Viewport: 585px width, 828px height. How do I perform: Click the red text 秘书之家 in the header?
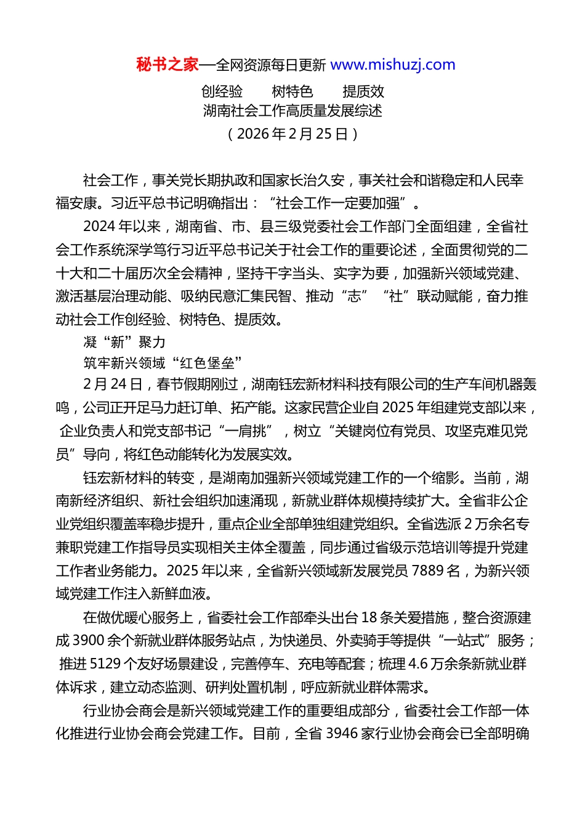[167, 65]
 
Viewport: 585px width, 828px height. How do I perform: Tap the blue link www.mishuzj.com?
[393, 65]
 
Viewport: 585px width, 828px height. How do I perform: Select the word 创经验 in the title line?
[222, 92]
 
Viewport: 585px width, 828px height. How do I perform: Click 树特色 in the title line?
[292, 92]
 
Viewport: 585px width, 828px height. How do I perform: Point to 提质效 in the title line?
[363, 92]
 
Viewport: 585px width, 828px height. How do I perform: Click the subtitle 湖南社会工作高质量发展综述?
[292, 111]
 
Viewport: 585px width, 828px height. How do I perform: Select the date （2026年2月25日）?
[292, 134]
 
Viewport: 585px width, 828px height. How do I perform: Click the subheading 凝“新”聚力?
[124, 342]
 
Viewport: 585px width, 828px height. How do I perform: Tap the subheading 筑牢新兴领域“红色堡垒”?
[163, 362]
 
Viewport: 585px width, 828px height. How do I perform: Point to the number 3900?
[89, 641]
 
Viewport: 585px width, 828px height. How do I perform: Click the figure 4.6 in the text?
[418, 664]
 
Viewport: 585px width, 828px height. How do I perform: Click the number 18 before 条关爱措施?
[369, 617]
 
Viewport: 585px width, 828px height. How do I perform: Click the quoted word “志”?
[354, 296]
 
